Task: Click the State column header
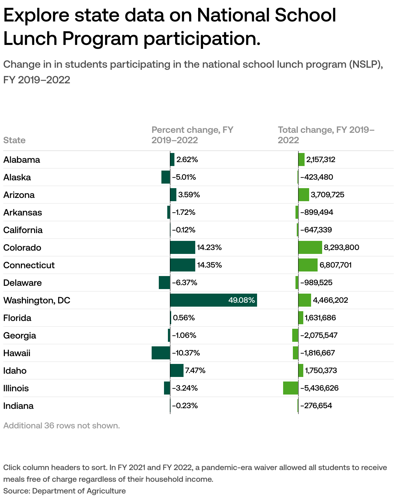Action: [14, 140]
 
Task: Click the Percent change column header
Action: [192, 135]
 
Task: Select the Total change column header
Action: [326, 135]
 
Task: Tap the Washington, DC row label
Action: [37, 300]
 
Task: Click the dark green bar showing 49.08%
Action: [213, 300]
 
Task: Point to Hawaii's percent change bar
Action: [161, 353]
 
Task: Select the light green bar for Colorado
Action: [310, 247]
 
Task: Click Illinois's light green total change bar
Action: [291, 388]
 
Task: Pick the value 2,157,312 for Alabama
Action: [321, 160]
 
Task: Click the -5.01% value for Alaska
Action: [184, 177]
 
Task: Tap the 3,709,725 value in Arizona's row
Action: [327, 195]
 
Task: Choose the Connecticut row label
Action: [29, 265]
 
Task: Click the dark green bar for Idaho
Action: [177, 370]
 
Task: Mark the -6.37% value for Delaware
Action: [185, 283]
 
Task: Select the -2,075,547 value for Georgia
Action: [319, 335]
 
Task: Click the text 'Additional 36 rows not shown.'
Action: [62, 425]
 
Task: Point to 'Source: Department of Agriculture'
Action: [64, 491]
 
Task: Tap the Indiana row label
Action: [19, 406]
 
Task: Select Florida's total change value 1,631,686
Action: [320, 318]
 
